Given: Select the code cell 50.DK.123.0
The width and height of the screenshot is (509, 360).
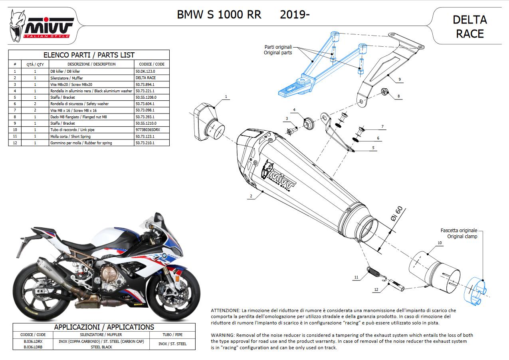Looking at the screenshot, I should point(145,71).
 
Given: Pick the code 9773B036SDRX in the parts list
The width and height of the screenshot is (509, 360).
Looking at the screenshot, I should point(148,130).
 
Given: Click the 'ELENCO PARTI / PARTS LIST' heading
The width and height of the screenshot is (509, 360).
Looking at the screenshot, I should point(89,55).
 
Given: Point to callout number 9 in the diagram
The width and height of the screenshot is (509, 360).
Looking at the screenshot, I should point(399,80).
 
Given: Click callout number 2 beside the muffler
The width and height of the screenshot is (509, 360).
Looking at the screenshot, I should point(251,196).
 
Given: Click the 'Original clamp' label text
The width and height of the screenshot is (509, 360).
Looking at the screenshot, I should point(462,237).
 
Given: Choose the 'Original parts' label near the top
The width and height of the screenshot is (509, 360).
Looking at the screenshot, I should point(278,53).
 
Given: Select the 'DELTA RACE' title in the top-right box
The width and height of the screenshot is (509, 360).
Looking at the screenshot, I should point(469,26).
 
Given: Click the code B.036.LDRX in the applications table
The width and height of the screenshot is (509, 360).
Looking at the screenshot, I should point(33,342).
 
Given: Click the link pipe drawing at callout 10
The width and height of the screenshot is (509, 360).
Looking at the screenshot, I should point(433,270).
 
